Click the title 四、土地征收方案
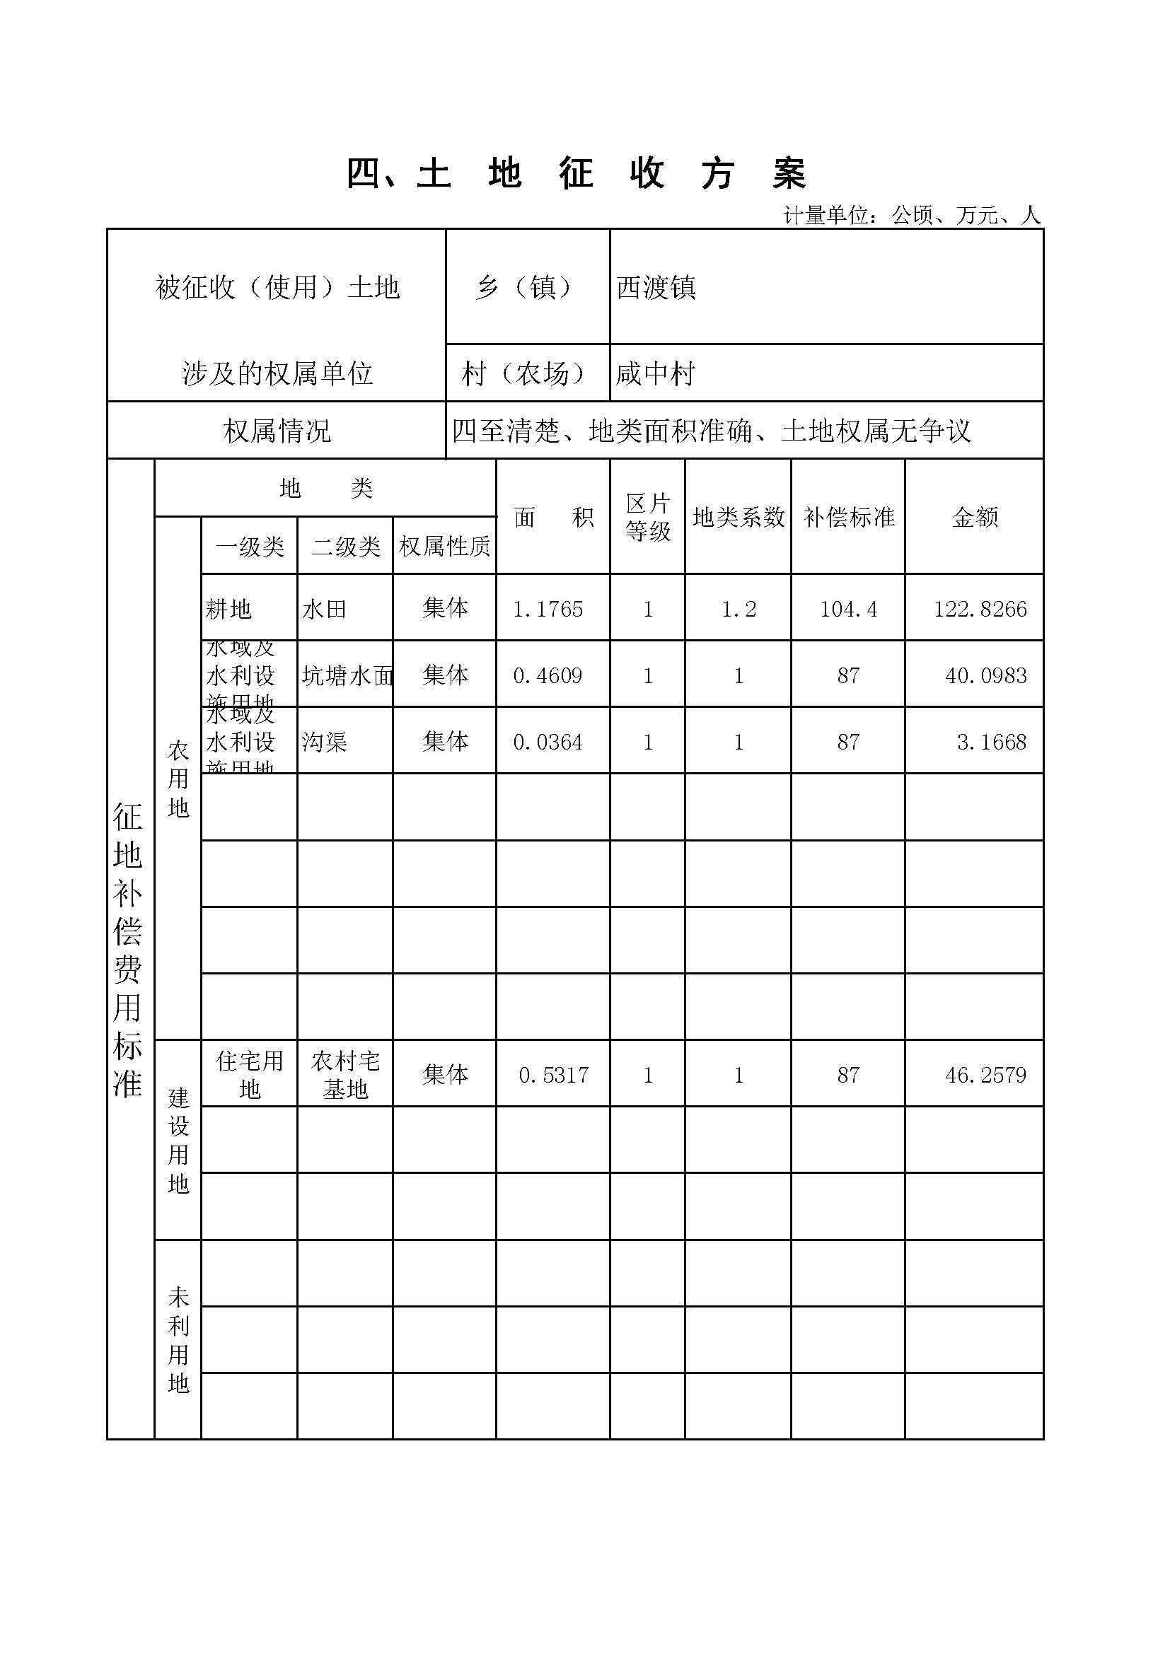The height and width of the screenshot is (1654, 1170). tap(577, 174)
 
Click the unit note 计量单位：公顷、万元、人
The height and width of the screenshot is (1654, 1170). tap(911, 215)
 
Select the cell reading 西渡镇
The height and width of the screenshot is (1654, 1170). tap(656, 287)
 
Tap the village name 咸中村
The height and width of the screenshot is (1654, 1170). tap(655, 373)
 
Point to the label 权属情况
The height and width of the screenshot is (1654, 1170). tap(277, 431)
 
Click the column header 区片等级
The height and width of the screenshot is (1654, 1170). tap(647, 516)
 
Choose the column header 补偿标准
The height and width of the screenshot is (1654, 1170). tap(848, 516)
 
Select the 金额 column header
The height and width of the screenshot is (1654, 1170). tap(974, 516)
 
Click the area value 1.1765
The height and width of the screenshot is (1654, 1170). tap(548, 609)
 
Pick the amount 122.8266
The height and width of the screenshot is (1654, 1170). tap(980, 609)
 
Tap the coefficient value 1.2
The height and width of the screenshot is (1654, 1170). tap(739, 609)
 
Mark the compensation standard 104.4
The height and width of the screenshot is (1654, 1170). tap(848, 609)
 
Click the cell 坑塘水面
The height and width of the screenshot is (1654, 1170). tap(347, 675)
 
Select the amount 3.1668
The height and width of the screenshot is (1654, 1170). tap(991, 741)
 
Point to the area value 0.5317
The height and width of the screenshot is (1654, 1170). tap(553, 1075)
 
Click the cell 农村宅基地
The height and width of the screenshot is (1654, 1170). tap(345, 1075)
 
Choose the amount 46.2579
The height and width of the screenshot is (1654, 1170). tap(985, 1075)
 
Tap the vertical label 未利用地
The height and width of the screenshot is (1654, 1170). tap(178, 1340)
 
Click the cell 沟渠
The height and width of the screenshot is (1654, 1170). tap(324, 741)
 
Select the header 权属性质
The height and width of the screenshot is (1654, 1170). tap(444, 546)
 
